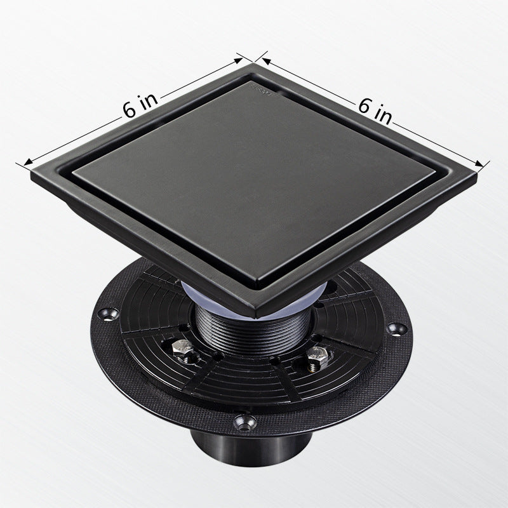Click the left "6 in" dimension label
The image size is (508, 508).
click(x=140, y=105)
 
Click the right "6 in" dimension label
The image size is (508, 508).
click(x=375, y=110)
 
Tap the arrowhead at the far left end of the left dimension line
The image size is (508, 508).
click(x=28, y=161)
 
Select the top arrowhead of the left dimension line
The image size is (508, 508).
click(x=239, y=60)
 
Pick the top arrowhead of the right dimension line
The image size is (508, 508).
click(x=266, y=61)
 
